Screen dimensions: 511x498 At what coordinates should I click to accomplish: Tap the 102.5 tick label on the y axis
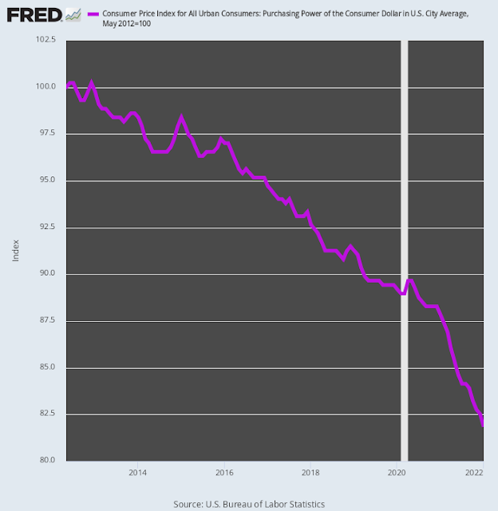pyautogui.click(x=45, y=42)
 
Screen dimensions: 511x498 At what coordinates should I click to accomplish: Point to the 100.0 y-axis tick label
pyautogui.click(x=45, y=86)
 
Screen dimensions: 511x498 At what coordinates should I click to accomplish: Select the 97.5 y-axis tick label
pyautogui.click(x=47, y=133)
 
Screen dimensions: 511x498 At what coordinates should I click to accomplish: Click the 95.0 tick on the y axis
pyautogui.click(x=47, y=180)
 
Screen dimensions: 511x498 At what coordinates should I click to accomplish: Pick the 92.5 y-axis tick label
pyautogui.click(x=47, y=227)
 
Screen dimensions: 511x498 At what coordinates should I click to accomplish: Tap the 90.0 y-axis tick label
pyautogui.click(x=47, y=273)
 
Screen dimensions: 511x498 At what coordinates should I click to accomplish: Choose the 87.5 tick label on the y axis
pyautogui.click(x=47, y=320)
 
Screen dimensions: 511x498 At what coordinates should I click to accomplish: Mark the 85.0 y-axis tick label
pyautogui.click(x=47, y=367)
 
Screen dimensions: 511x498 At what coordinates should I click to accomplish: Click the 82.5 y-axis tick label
pyautogui.click(x=47, y=414)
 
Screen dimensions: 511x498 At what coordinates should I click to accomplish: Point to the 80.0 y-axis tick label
pyautogui.click(x=47, y=460)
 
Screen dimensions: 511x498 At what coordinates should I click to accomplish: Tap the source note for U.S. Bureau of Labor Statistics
pyautogui.click(x=249, y=504)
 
